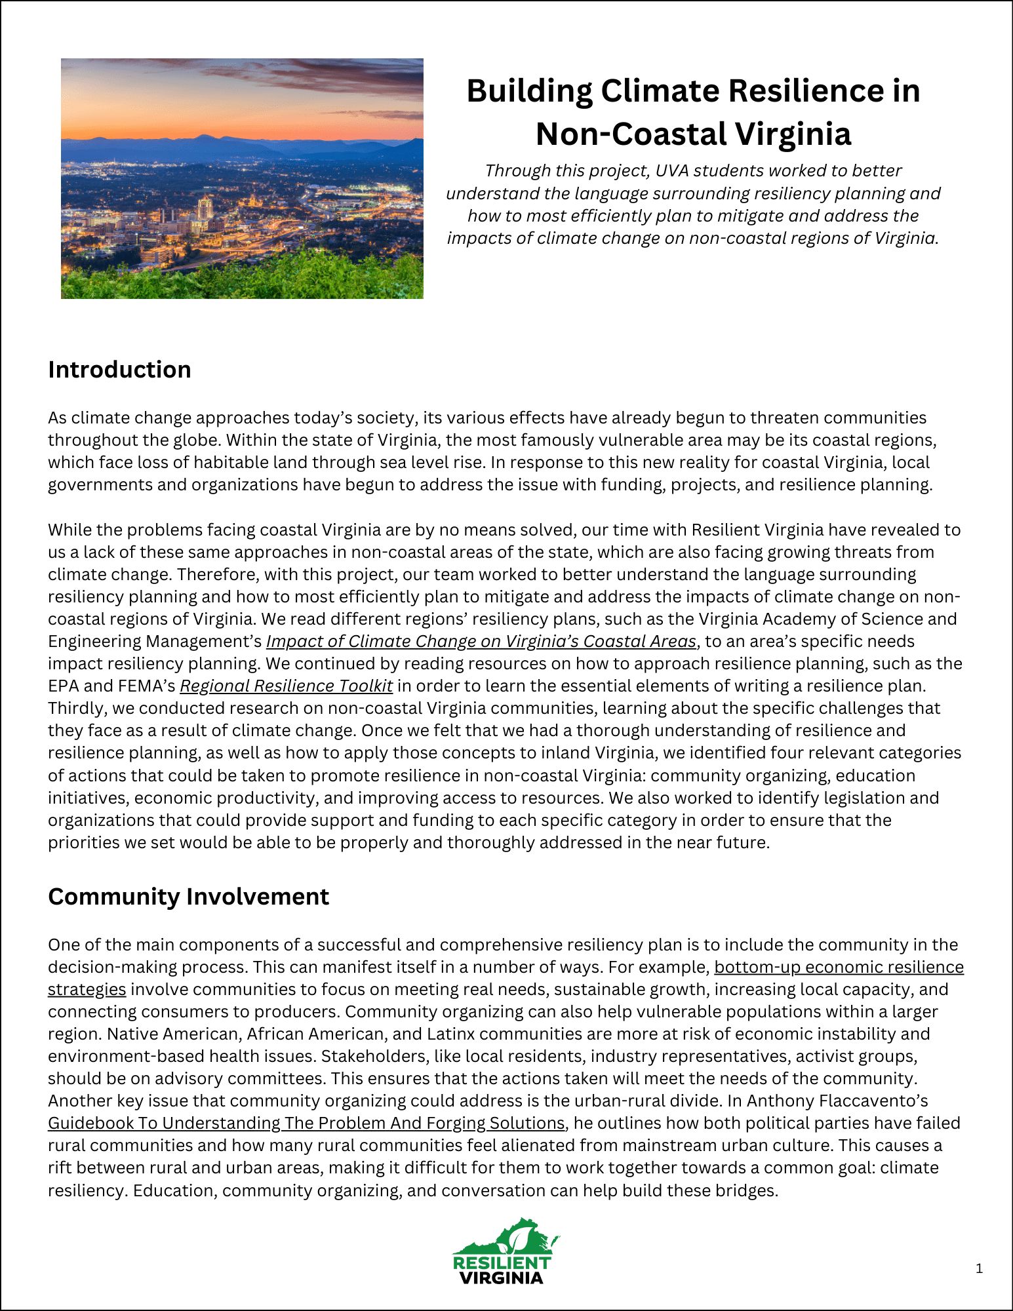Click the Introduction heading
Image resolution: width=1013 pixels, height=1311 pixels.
pyautogui.click(x=119, y=370)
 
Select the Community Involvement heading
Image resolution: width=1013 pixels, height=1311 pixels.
pyautogui.click(x=188, y=896)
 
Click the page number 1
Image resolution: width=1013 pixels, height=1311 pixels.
pyautogui.click(x=979, y=1268)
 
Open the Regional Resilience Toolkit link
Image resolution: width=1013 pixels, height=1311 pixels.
pyautogui.click(x=287, y=686)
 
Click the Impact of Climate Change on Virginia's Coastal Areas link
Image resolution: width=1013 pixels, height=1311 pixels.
pyautogui.click(x=481, y=641)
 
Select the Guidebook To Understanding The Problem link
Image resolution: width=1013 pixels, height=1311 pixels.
pyautogui.click(x=306, y=1123)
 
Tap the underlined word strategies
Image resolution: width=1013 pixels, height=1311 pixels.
pyautogui.click(x=87, y=989)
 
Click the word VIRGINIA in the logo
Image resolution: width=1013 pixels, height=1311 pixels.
pyautogui.click(x=501, y=1278)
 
